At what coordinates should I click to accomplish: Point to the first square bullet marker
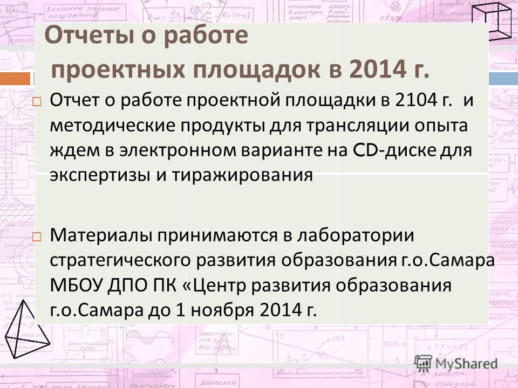click(37, 102)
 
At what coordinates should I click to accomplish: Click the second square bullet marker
click(37, 237)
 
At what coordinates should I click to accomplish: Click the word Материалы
click(101, 236)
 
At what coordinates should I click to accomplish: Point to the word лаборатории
click(356, 236)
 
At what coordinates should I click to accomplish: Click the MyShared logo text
click(466, 364)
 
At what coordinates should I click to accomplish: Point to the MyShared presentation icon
click(423, 364)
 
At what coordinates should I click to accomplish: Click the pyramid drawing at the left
click(27, 329)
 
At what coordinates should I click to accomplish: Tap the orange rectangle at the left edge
click(15, 79)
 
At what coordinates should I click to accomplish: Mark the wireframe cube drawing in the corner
click(494, 21)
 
